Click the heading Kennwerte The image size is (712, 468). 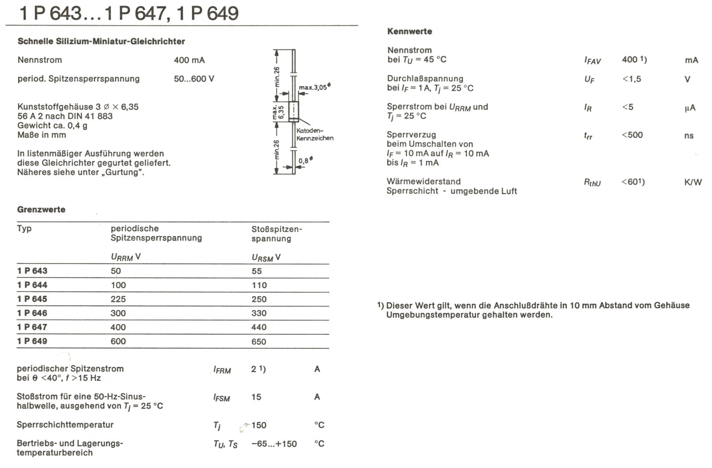409,31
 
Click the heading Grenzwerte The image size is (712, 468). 41,209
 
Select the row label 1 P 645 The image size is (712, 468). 32,299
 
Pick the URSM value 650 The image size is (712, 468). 259,342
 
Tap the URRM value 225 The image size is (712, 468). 118,299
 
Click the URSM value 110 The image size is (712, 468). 259,285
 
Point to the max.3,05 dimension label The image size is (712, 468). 314,87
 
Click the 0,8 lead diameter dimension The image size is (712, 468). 305,161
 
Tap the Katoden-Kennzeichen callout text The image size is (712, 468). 315,134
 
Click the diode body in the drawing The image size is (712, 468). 294,111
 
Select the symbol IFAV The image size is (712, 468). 592,61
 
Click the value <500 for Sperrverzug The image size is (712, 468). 632,135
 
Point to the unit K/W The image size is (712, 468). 693,182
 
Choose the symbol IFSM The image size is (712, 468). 222,398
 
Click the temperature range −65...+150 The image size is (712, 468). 274,444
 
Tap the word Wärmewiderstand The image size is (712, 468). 423,181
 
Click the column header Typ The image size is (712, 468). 24,228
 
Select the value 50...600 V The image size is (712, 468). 194,79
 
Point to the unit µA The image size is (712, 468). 690,108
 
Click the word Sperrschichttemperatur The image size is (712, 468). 65,425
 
